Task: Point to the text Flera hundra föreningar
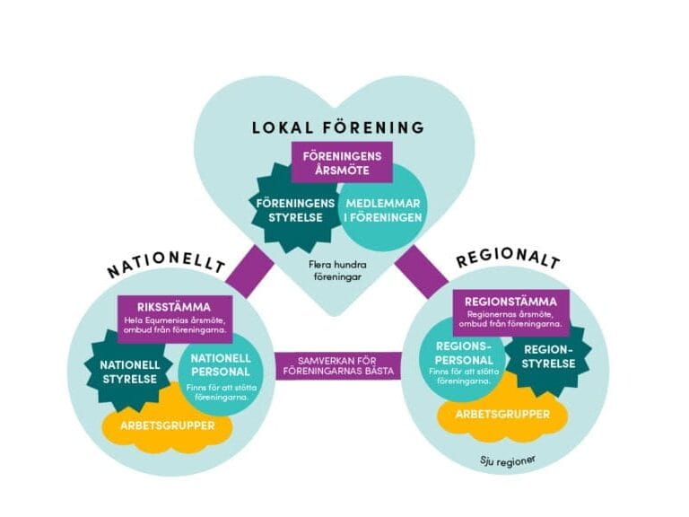[x=345, y=270]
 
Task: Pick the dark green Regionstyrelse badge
[x=547, y=357]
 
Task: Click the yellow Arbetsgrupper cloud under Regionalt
[x=489, y=414]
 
